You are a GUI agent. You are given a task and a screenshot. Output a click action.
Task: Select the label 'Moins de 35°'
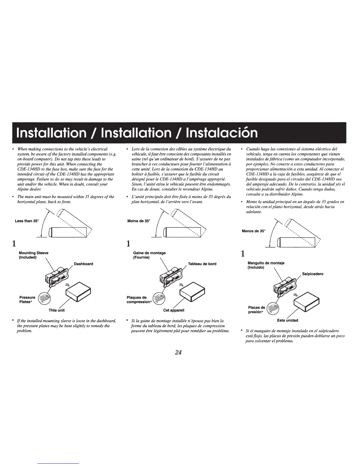click(139, 221)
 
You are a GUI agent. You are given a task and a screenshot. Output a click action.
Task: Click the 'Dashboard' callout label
click(84, 264)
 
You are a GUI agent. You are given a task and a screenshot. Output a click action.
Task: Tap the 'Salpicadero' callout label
click(313, 274)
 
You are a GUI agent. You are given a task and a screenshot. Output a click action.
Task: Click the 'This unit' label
click(56, 310)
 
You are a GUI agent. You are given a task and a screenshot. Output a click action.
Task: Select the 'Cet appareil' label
click(174, 310)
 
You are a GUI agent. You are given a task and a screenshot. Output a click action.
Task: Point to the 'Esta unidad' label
click(288, 320)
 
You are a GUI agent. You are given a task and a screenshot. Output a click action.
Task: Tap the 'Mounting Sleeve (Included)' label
click(34, 255)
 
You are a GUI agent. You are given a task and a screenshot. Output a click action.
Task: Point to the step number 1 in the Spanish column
click(243, 254)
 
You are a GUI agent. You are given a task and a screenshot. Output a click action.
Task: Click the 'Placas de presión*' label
click(256, 310)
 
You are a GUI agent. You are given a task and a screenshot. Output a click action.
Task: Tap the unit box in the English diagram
click(78, 292)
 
